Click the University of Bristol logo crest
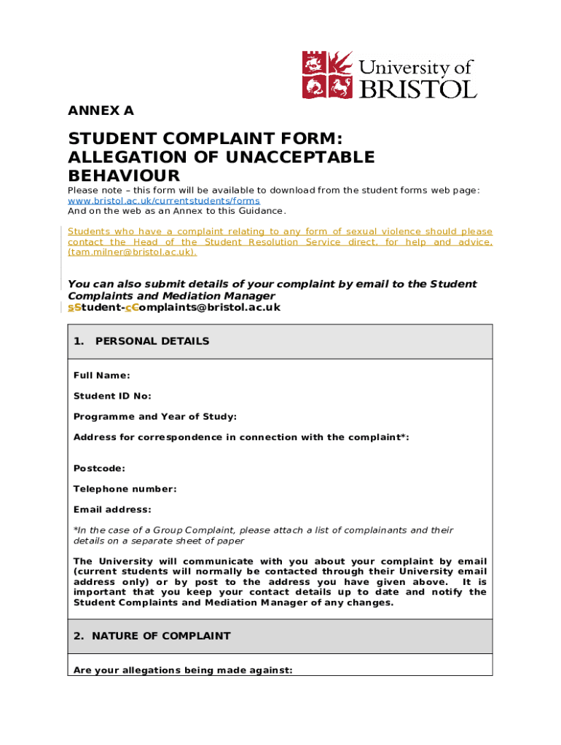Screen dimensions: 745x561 [x=328, y=74]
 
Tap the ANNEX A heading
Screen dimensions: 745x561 [x=101, y=111]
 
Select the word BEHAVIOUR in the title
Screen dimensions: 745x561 [x=123, y=176]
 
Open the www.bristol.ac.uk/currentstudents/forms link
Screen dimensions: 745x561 [x=164, y=200]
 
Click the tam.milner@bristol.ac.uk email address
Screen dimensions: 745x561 [x=132, y=252]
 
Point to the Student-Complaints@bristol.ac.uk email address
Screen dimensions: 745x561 [x=174, y=308]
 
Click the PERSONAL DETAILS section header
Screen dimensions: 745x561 [x=152, y=341]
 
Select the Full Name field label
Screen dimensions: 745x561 [x=102, y=375]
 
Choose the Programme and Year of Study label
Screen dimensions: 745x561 [x=155, y=417]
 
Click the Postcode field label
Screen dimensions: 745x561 [x=99, y=469]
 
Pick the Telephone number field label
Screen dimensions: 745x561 [x=125, y=489]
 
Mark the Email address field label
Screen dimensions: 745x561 [x=112, y=509]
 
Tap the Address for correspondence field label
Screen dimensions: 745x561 [x=241, y=437]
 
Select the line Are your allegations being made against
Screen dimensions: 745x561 [x=183, y=671]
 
